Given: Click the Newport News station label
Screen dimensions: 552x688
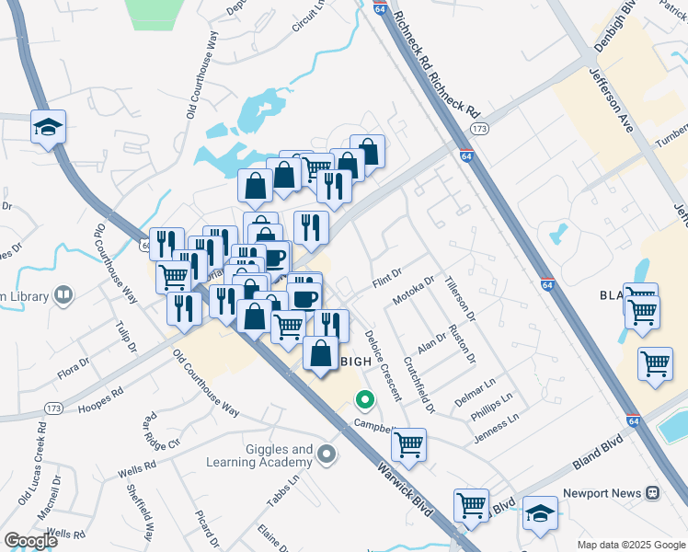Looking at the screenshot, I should (601, 493).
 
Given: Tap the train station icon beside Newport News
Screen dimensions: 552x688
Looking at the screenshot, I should (653, 493).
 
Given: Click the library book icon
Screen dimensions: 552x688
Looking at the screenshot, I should (63, 295).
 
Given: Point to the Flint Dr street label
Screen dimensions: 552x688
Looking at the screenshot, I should (388, 277).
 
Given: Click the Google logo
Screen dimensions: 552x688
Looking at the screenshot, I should (30, 540).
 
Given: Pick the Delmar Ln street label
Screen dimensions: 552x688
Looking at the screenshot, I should (475, 394).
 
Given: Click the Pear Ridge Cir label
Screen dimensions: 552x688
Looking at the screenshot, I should (160, 430).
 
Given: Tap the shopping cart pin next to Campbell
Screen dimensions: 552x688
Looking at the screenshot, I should (408, 444).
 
